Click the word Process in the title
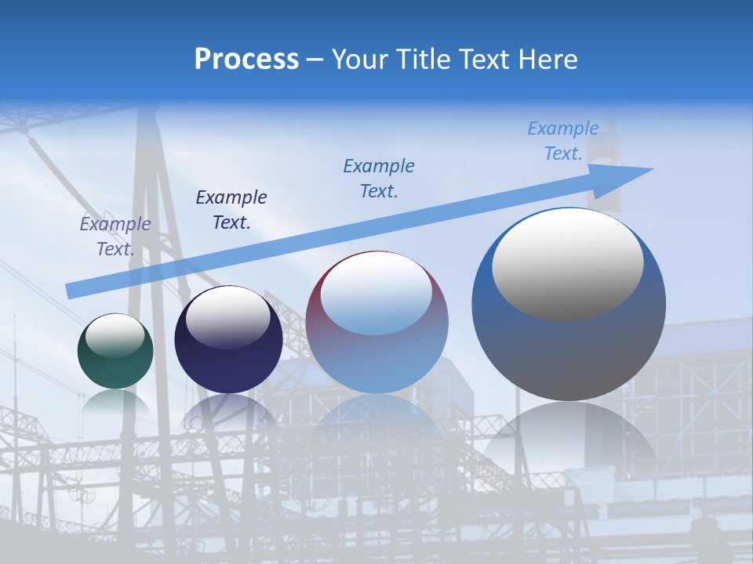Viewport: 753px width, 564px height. (246, 59)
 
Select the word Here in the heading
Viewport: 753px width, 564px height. (546, 59)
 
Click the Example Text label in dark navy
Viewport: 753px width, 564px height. (231, 210)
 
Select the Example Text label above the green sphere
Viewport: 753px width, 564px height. (115, 237)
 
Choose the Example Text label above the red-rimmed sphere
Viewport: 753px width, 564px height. (379, 179)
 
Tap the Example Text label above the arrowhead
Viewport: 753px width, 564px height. (563, 141)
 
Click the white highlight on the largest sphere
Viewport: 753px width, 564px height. (568, 264)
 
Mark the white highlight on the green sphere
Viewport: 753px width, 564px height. (115, 335)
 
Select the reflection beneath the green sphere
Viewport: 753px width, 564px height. (115, 403)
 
